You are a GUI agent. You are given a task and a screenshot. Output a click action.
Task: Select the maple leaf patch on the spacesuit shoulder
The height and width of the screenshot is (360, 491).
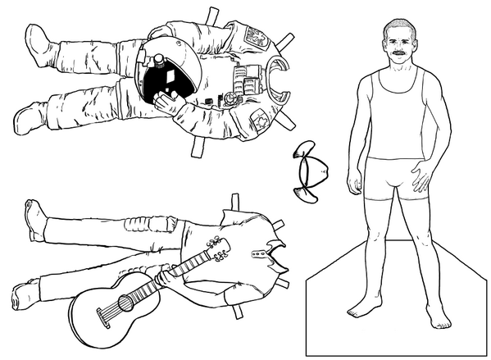(257, 121)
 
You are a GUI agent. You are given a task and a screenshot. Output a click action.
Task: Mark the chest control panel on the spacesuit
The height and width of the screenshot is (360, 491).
(242, 82)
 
